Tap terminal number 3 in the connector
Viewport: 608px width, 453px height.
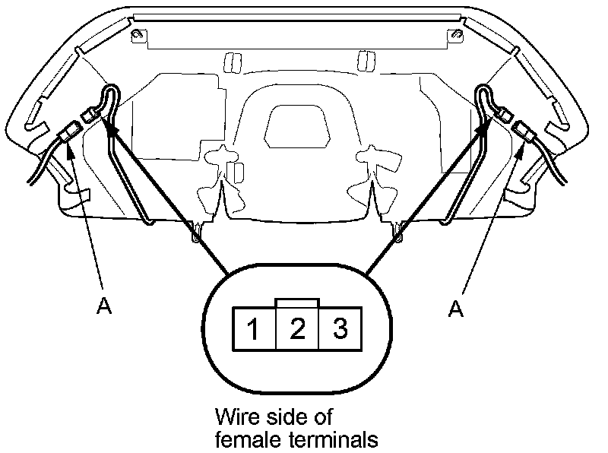pyautogui.click(x=340, y=328)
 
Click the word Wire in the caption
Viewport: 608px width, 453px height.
pyautogui.click(x=234, y=417)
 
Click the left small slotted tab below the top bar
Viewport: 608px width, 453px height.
pyautogui.click(x=229, y=62)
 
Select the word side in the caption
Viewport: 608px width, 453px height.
pyautogui.click(x=288, y=417)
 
